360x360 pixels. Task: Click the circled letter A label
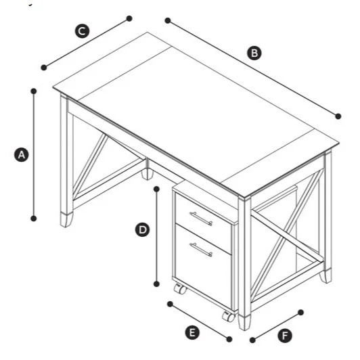point(21,154)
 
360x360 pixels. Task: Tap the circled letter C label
point(81,30)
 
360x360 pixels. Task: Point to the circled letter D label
point(143,230)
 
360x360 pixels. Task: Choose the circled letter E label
point(193,332)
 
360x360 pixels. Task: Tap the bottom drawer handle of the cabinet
point(201,250)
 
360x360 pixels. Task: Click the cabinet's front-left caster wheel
point(180,290)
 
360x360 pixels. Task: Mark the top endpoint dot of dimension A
point(33,89)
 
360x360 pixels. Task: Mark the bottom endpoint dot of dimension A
point(33,218)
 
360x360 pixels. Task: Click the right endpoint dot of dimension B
point(338,116)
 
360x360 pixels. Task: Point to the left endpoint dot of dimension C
point(44,67)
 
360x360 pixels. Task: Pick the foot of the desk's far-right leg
point(326,275)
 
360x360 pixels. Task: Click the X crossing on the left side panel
point(90,164)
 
